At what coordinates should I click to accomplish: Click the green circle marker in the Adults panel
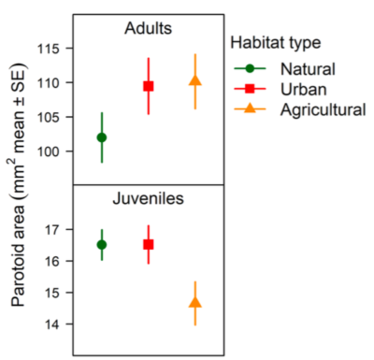[x=102, y=137]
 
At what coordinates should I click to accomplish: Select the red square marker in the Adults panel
[x=148, y=86]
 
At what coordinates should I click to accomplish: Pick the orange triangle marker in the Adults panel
[x=194, y=80]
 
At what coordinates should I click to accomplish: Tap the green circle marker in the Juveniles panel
[x=102, y=244]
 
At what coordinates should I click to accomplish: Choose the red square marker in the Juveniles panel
[x=148, y=244]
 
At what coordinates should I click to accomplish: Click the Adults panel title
[x=148, y=28]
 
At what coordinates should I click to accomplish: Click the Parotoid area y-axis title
[x=20, y=187]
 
